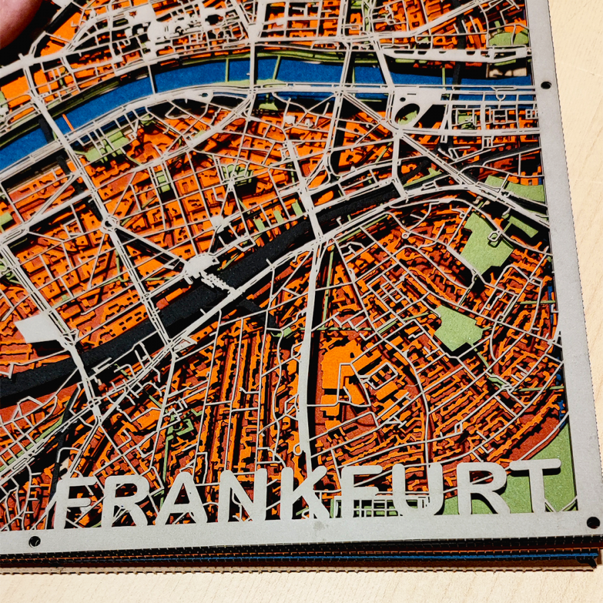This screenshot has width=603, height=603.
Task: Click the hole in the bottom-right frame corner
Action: point(592,522)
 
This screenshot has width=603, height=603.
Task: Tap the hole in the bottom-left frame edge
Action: point(34,541)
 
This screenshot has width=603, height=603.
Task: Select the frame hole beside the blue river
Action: point(545,85)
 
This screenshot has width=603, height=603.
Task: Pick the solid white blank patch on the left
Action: point(40,330)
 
